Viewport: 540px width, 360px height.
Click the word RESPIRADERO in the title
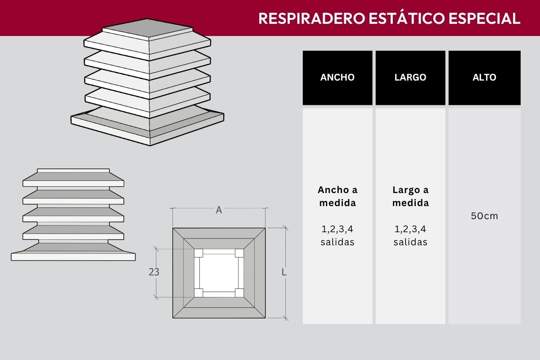point(312,18)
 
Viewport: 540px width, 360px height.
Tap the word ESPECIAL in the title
point(484,18)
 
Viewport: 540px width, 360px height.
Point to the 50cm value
point(484,216)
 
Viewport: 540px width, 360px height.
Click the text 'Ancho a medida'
point(337,196)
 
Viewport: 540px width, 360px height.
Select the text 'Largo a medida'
point(410,196)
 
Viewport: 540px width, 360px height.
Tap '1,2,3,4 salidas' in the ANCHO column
point(337,235)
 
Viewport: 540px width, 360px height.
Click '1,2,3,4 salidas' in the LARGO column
point(410,235)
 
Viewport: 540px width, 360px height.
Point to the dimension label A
point(219,210)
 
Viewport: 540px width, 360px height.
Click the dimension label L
point(284,272)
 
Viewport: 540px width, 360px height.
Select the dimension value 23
point(154,272)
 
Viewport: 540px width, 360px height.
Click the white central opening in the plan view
point(219,273)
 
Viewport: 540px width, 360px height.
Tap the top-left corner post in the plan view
point(198,253)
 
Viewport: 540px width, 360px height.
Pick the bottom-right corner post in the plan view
point(239,293)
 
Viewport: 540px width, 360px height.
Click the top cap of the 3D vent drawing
point(148,28)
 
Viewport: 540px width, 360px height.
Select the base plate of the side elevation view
point(73,256)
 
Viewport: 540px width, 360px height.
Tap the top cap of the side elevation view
point(73,171)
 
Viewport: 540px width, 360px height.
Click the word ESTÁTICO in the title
point(407,18)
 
